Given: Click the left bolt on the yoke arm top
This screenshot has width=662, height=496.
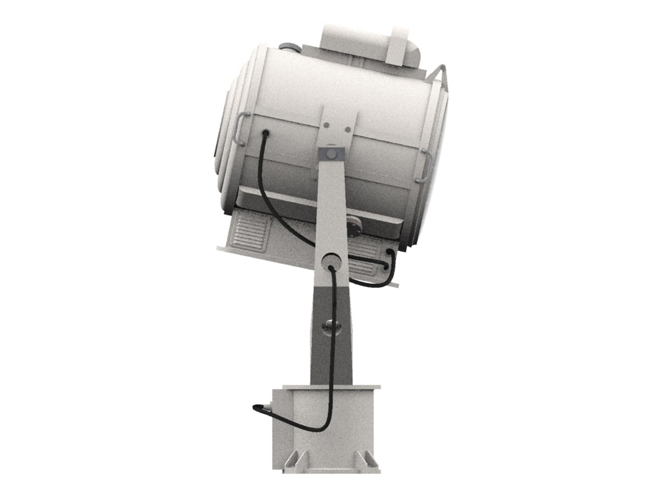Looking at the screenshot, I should point(326,125).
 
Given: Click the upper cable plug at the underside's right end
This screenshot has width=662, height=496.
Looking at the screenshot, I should point(390,252).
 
